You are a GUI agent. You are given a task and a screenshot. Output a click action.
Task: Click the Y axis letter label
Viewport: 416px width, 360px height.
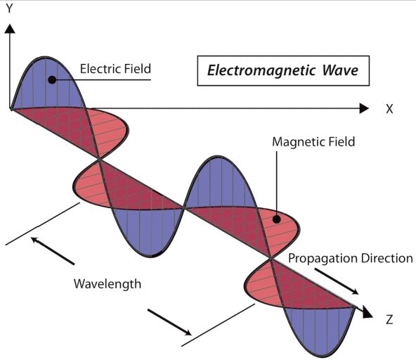coord(9,11)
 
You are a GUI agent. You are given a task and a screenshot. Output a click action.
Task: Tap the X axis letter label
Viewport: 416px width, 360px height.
coord(389,109)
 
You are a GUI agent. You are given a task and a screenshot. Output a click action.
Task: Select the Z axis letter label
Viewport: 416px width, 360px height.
coord(389,319)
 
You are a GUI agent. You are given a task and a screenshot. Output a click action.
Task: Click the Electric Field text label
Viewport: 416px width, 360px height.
coord(116,69)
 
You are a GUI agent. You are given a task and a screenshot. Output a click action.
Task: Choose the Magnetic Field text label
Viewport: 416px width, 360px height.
coord(313,141)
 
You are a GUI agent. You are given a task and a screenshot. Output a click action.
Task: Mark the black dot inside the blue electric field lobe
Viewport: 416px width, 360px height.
coord(51,79)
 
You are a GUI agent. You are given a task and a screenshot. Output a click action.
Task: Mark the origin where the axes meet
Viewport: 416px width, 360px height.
coord(11,110)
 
